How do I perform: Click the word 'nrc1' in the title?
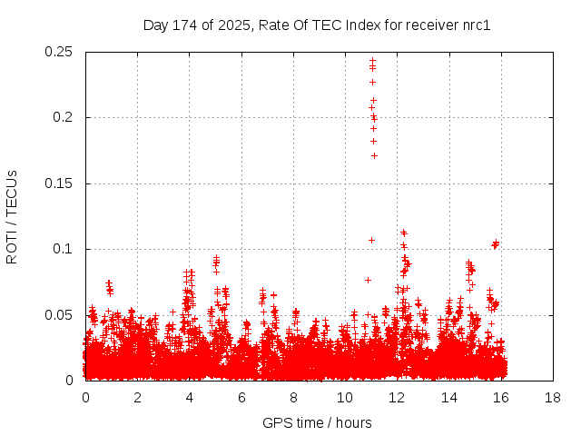[476, 25]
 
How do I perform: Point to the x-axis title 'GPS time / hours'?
[317, 422]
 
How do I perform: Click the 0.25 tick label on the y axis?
[60, 52]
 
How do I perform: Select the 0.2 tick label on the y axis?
[65, 117]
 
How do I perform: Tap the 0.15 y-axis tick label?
[60, 183]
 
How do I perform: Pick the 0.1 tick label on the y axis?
[65, 249]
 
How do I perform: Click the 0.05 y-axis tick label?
[60, 315]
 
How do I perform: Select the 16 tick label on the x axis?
[501, 398]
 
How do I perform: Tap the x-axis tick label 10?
[345, 398]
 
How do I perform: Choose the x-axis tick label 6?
[241, 398]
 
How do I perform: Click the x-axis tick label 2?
[137, 398]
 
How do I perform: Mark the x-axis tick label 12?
[397, 398]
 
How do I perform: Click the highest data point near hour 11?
[372, 61]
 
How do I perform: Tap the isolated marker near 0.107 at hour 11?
[371, 240]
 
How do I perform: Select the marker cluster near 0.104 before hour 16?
[496, 243]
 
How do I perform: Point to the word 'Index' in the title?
[363, 25]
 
